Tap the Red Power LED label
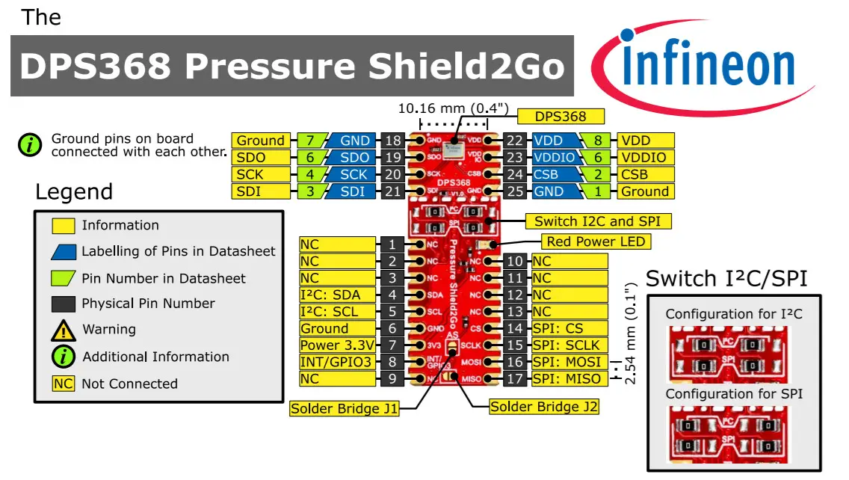[x=596, y=241]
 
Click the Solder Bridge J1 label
[x=344, y=408]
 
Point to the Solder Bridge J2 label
[x=543, y=407]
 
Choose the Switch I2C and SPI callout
[x=598, y=221]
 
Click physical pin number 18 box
[x=393, y=141]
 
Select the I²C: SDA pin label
[x=337, y=295]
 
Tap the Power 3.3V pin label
[x=337, y=345]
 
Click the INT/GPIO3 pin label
[x=337, y=362]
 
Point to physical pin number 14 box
[x=516, y=328]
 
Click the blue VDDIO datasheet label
[x=556, y=158]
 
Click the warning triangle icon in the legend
[x=64, y=330]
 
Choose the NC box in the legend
[x=64, y=384]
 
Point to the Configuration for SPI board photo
[x=734, y=434]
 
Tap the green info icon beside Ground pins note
[x=30, y=144]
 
